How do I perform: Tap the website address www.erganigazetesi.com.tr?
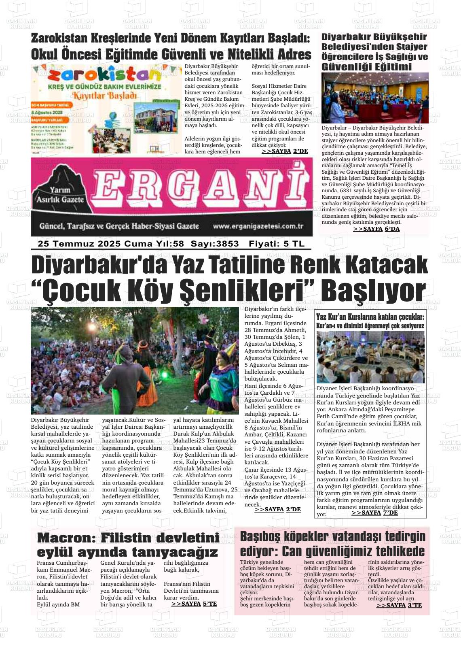click(x=258, y=226)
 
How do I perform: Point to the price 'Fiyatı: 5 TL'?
click(x=277, y=244)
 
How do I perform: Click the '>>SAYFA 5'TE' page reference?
click(x=194, y=604)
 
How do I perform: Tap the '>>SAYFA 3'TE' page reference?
click(x=399, y=605)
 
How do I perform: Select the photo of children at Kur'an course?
click(x=370, y=357)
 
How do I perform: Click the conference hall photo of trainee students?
click(x=375, y=98)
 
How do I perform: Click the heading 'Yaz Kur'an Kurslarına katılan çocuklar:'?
click(x=370, y=317)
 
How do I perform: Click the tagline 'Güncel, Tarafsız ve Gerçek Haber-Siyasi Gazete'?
click(x=119, y=226)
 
